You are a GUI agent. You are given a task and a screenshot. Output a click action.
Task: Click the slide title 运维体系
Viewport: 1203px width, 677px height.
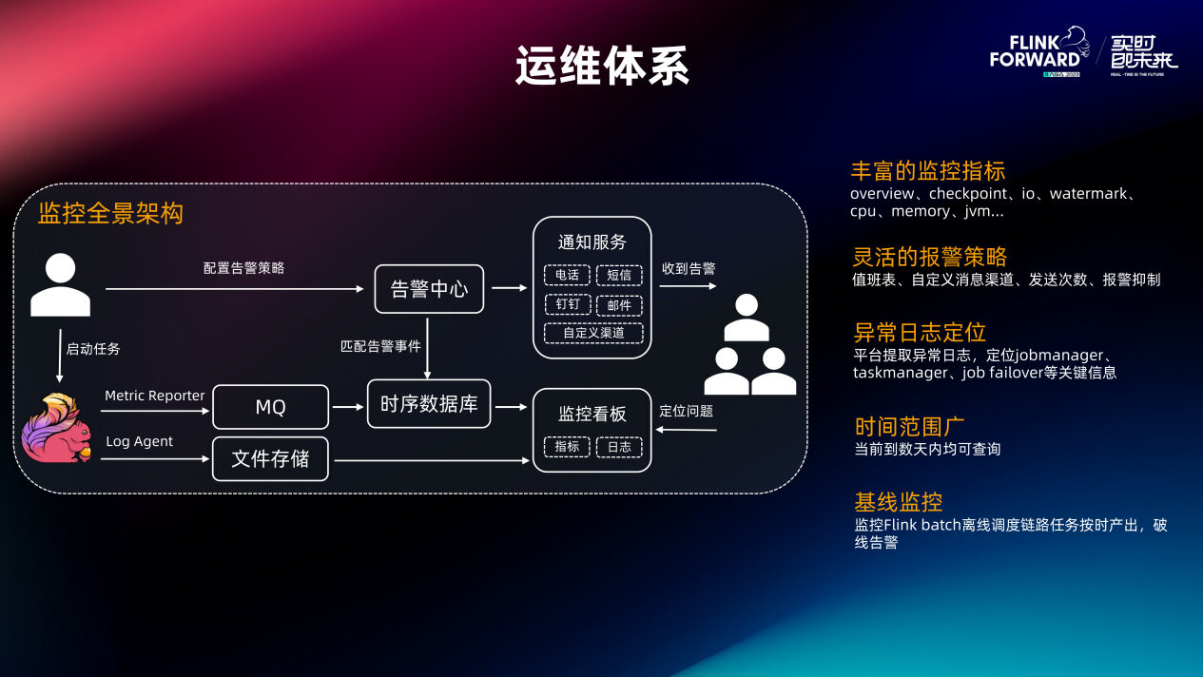pos(602,67)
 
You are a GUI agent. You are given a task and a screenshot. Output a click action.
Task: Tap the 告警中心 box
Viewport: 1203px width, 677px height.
pos(429,289)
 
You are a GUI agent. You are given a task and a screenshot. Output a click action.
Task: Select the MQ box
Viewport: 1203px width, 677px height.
pos(270,407)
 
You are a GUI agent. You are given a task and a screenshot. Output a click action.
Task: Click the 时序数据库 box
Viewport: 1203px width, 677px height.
pos(429,404)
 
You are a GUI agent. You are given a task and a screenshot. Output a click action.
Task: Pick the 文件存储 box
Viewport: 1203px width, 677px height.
pos(270,458)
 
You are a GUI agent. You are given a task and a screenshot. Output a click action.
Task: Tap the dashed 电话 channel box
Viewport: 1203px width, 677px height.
pos(567,275)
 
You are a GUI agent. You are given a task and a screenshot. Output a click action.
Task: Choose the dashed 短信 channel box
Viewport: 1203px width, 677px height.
pos(619,275)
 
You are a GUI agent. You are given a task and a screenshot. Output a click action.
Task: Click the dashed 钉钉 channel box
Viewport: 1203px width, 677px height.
pos(567,304)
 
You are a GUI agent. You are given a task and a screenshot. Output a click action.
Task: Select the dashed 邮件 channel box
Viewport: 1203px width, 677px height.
pos(619,304)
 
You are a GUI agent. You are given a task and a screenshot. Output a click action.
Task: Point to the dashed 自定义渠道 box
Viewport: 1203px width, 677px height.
pos(593,333)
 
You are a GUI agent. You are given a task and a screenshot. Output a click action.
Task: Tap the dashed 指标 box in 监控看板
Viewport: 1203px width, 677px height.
pos(567,446)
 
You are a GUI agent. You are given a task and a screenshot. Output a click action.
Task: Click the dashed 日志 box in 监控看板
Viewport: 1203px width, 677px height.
pos(619,446)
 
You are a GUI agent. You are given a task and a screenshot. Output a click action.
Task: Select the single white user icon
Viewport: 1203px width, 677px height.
pos(60,285)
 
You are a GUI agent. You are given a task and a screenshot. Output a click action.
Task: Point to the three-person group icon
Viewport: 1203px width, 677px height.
pos(749,346)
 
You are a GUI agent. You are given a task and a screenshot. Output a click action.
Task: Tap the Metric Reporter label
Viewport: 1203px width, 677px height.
pos(155,396)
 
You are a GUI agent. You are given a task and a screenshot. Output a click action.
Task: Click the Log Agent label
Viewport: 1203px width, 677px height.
pos(139,441)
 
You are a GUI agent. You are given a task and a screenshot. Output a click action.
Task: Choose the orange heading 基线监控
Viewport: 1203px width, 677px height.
pos(898,502)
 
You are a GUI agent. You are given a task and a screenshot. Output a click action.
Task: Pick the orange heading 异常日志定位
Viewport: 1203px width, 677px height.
pos(919,332)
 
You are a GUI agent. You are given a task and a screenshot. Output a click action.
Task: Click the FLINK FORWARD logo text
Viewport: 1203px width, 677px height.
pos(1035,51)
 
